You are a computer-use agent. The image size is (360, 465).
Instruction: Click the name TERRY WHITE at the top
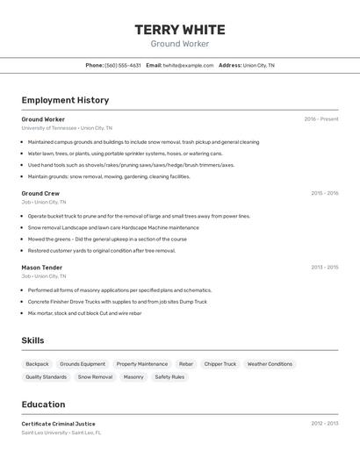tap(179, 30)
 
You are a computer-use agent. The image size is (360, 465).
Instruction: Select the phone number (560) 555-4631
tap(122, 65)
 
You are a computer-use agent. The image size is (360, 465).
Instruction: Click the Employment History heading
tap(65, 100)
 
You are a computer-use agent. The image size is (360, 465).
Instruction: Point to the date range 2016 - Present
tap(321, 118)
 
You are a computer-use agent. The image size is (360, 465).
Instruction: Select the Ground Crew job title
tap(40, 193)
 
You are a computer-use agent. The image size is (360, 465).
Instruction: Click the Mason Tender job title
tap(42, 268)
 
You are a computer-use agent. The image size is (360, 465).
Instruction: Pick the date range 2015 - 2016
tap(324, 193)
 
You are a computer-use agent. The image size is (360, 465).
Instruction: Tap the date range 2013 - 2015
tap(324, 268)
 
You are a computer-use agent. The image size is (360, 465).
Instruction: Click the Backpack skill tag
tap(37, 364)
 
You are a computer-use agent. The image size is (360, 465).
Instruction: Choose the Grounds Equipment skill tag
tap(83, 364)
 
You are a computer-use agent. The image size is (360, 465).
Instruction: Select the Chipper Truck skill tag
tap(220, 364)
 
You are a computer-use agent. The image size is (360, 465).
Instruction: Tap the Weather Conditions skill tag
tap(270, 364)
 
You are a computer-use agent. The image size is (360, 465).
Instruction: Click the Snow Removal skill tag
tap(95, 377)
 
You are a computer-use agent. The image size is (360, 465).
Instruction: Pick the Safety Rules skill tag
tap(169, 377)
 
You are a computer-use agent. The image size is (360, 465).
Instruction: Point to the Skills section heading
tap(32, 340)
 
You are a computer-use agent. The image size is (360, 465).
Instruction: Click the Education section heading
tap(43, 404)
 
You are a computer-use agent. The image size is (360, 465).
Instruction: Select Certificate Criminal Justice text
tap(58, 424)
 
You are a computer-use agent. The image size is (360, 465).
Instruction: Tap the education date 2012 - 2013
tap(324, 424)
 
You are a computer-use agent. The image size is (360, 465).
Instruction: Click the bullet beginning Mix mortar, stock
tap(84, 313)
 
